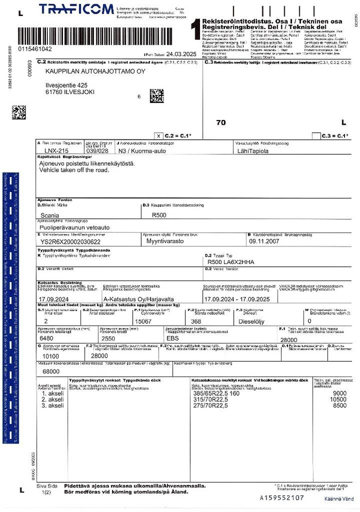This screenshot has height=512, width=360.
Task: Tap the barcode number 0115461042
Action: point(35,49)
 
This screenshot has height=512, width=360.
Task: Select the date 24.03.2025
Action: point(182,54)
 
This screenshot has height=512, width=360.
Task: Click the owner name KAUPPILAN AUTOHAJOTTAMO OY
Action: point(95,71)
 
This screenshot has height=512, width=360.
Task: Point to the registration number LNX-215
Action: point(57,151)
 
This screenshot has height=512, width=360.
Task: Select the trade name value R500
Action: point(159,215)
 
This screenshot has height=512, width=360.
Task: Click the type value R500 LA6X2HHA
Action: point(231,262)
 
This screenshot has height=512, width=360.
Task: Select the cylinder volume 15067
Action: point(144,322)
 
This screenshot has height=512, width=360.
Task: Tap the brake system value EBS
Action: point(172,338)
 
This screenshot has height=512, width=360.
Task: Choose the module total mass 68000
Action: point(51,371)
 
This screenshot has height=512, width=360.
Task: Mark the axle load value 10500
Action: point(339,399)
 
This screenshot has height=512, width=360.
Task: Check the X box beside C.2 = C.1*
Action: point(158,135)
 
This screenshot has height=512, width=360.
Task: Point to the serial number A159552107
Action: point(282,498)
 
